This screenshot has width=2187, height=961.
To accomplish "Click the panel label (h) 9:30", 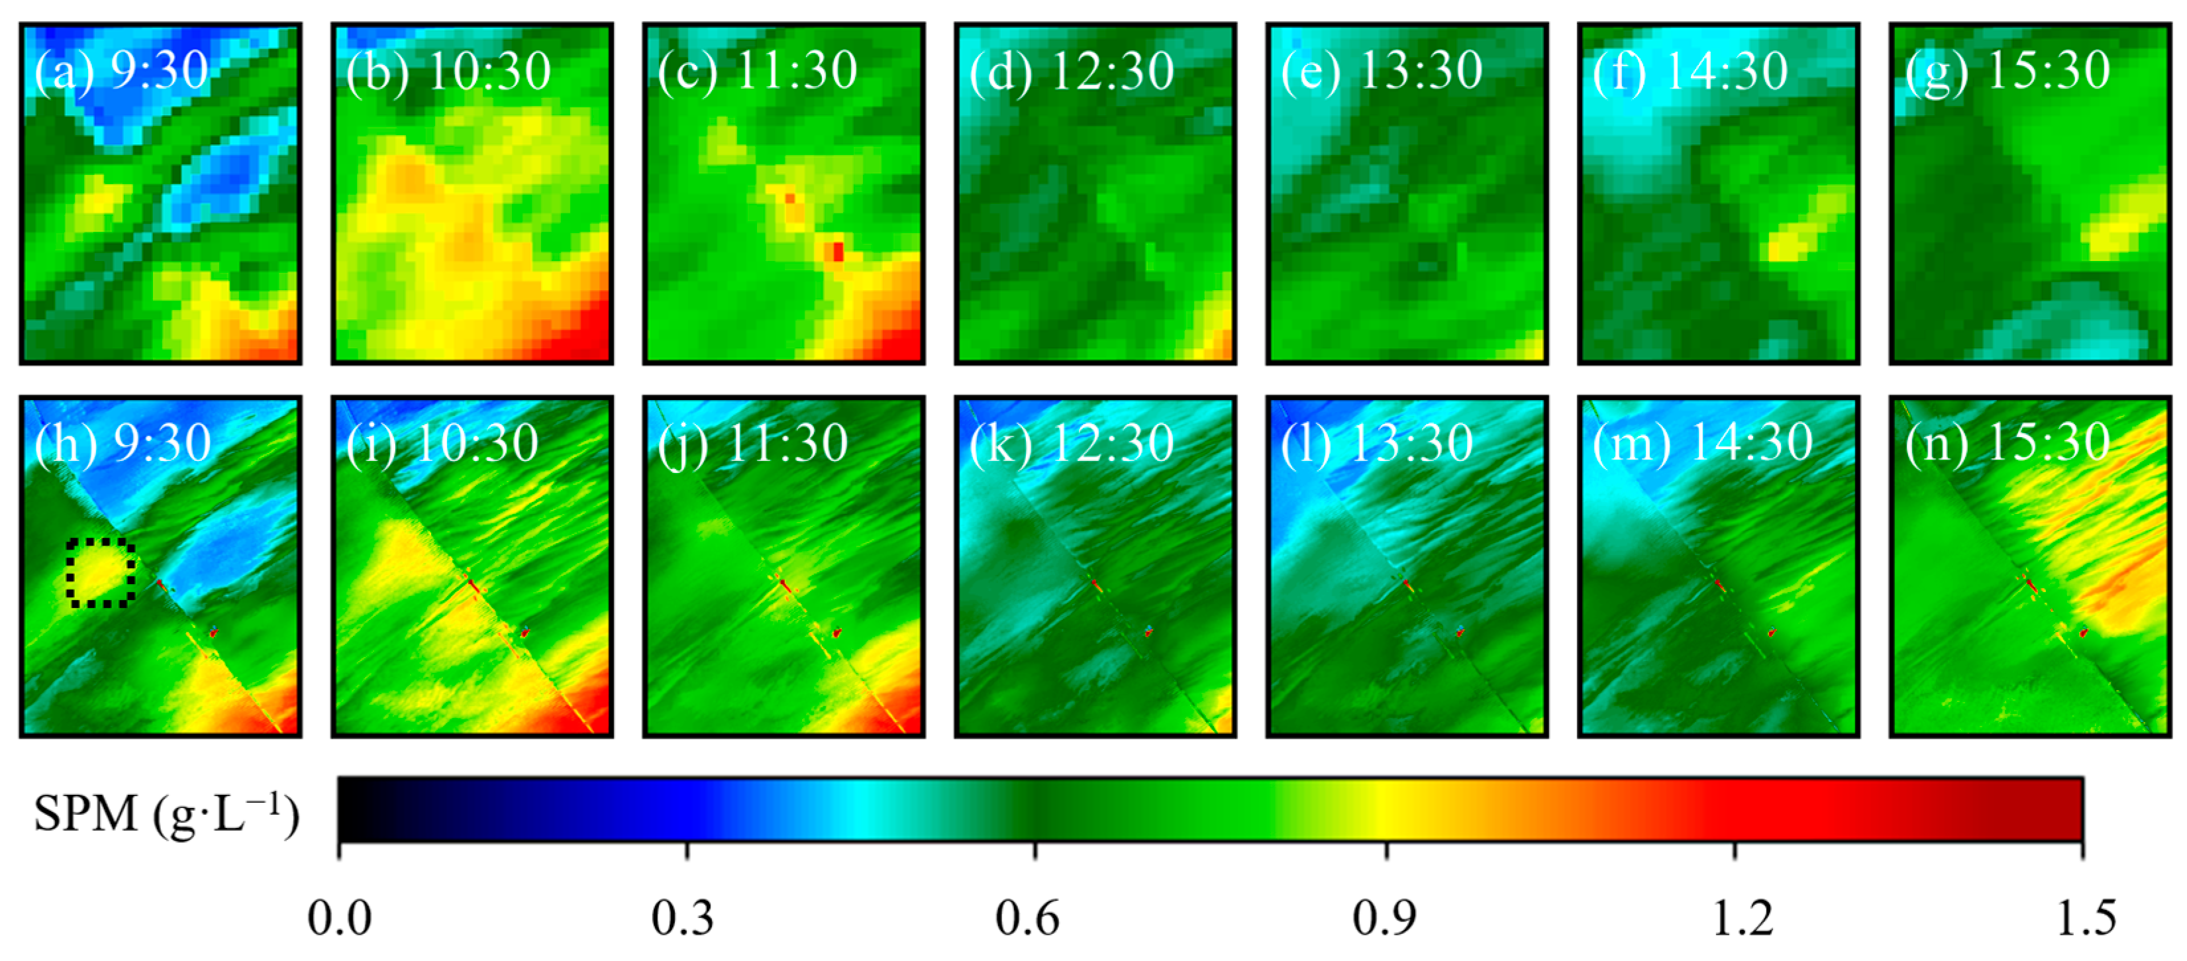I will [x=123, y=443].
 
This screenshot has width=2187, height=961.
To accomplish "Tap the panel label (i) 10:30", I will [x=442, y=443].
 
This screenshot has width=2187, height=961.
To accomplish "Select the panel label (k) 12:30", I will [x=1072, y=443].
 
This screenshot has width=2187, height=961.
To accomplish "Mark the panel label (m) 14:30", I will [x=1702, y=443].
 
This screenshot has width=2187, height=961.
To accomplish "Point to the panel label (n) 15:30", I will [x=2007, y=443].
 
